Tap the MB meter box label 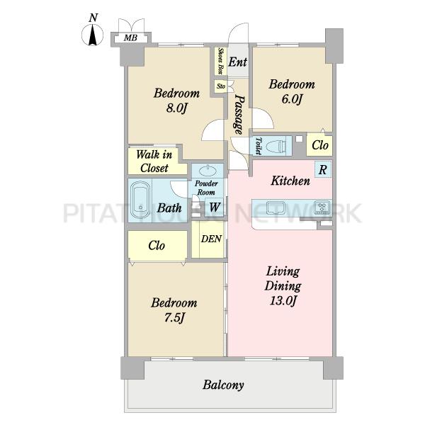point(130,38)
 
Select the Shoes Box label point(221,61)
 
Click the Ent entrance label point(238,62)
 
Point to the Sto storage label point(221,86)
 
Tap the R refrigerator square point(323,170)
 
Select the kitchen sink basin point(275,208)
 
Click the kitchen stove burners point(322,208)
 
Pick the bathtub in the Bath point(140,200)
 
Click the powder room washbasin point(208,171)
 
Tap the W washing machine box point(214,208)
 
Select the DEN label point(211,239)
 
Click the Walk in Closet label point(154,161)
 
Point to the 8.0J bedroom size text point(176,108)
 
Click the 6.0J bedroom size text point(292,99)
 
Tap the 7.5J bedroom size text point(174,317)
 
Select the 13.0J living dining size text point(283,300)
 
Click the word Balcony point(223,385)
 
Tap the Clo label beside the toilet point(320,145)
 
